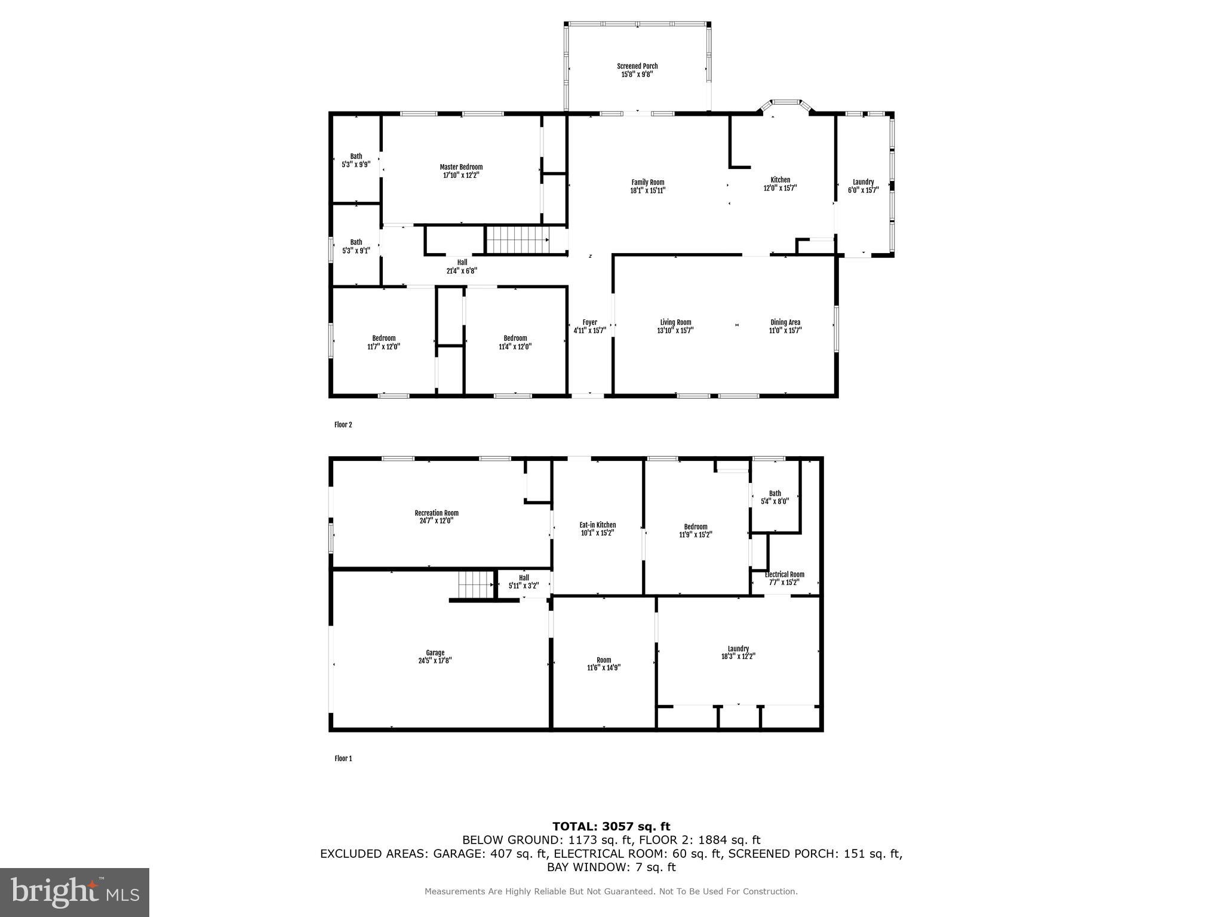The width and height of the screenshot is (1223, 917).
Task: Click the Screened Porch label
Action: (637, 66)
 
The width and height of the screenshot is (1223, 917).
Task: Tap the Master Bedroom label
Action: (461, 167)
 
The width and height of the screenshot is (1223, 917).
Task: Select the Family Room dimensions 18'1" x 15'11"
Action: (648, 190)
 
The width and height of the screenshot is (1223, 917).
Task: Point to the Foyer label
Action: (589, 322)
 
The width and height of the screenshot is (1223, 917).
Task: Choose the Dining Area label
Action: (785, 322)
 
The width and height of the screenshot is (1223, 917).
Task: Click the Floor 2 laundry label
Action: (863, 182)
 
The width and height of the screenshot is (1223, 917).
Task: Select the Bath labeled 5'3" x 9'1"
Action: (356, 246)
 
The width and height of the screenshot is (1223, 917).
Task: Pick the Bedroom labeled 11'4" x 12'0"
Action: (515, 342)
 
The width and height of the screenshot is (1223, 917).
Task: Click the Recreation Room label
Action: (437, 513)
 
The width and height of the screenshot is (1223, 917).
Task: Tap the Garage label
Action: (435, 653)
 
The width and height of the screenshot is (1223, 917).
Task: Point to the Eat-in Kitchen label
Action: (597, 525)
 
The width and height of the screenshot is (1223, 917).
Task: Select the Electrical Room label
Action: (785, 574)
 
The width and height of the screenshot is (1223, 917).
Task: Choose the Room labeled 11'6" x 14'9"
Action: (603, 664)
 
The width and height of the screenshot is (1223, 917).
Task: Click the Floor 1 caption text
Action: (343, 759)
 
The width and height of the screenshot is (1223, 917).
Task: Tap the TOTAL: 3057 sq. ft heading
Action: (611, 827)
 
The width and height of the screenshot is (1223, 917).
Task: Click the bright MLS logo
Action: (75, 892)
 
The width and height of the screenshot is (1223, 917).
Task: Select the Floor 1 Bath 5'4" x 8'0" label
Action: (775, 497)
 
